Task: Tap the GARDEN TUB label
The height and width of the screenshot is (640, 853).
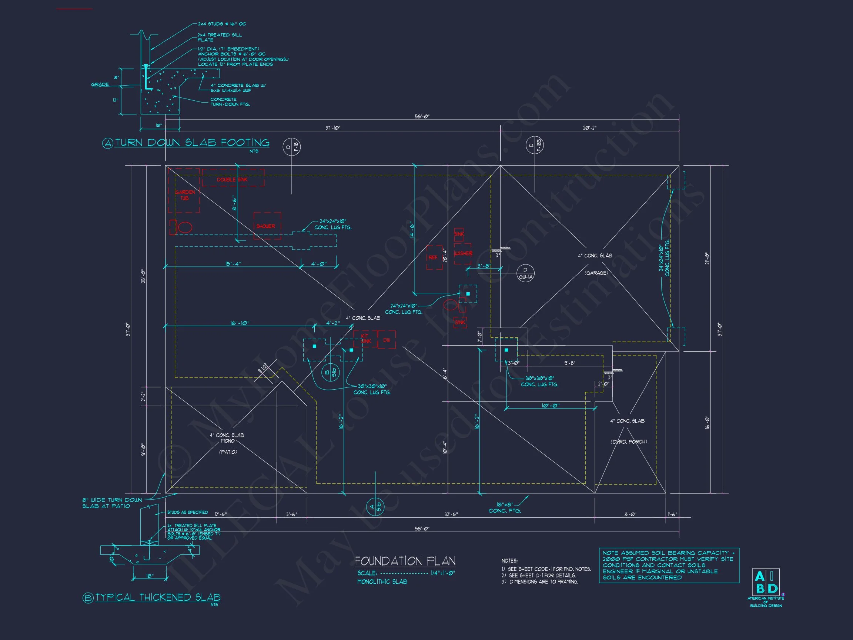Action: click(185, 195)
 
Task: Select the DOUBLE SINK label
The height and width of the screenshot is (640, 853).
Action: click(232, 180)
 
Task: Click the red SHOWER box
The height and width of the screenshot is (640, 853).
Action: click(267, 226)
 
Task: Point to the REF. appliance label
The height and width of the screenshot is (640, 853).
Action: click(434, 257)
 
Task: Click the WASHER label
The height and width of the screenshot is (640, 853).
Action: click(463, 253)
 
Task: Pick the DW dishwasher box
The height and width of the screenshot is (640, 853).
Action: click(387, 340)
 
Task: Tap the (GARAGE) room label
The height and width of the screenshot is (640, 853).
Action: click(596, 273)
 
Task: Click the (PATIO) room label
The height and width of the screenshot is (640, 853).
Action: click(228, 452)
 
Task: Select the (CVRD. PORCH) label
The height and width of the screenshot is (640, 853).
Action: click(629, 442)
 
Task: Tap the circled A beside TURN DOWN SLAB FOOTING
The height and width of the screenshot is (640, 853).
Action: click(108, 143)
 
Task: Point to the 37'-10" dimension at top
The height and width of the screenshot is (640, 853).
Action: click(333, 128)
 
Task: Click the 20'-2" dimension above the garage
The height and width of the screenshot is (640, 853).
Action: click(590, 128)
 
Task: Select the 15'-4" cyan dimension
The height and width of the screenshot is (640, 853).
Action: click(233, 264)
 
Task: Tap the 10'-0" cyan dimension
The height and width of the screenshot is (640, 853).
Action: click(550, 406)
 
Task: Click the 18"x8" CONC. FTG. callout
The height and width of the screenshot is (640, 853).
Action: click(504, 508)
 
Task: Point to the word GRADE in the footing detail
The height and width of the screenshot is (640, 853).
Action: click(100, 84)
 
